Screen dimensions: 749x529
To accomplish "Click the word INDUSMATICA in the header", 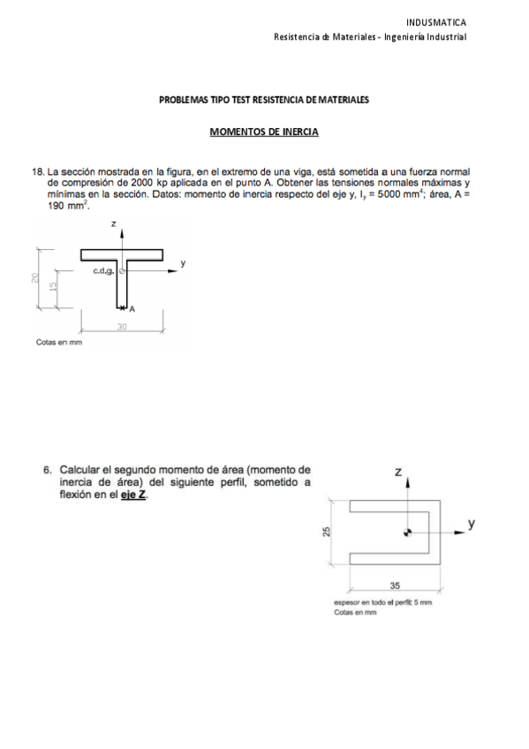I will [436, 22].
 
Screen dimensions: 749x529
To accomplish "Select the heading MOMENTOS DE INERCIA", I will [263, 132].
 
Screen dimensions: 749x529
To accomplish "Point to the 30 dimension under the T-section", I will [122, 326].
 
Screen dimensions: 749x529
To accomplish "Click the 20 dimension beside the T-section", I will [34, 278].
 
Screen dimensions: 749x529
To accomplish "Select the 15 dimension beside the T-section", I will [53, 287].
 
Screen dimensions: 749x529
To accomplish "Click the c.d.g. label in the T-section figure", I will [102, 272].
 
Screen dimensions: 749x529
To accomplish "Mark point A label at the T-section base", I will [132, 309].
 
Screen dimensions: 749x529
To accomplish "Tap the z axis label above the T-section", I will [114, 226].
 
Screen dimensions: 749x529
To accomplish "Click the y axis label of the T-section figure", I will [183, 263].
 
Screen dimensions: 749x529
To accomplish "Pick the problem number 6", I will [48, 471].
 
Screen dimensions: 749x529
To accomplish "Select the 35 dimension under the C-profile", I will [394, 586].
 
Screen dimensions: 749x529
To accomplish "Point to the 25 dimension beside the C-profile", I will [327, 531].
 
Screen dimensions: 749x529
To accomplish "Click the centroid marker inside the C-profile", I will [407, 532].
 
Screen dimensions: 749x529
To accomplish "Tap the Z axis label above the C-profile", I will [398, 473].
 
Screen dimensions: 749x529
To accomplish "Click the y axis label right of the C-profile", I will [472, 524].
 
